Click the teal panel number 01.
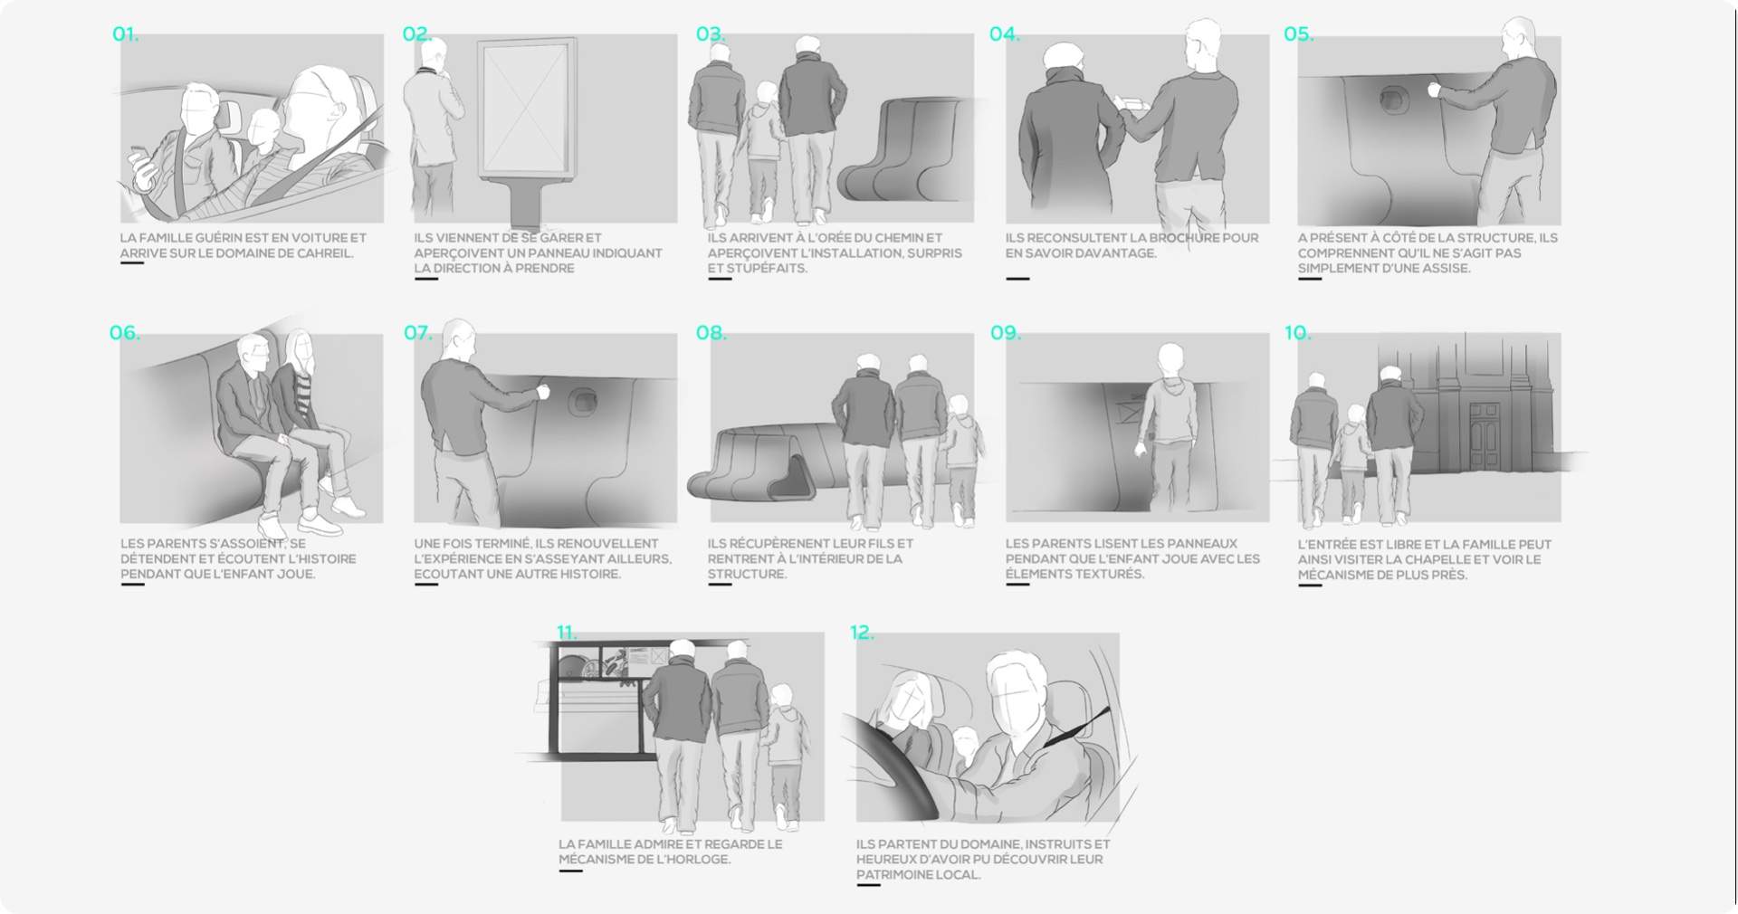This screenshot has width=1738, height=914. [125, 34]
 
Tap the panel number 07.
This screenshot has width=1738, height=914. [417, 333]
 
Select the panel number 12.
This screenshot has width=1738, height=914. [862, 633]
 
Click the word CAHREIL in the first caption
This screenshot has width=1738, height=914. [322, 253]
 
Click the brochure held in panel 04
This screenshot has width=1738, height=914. [1132, 104]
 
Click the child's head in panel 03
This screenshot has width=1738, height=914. [767, 94]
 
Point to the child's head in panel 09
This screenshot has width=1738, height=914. [1170, 357]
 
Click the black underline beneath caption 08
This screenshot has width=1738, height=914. [720, 585]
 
